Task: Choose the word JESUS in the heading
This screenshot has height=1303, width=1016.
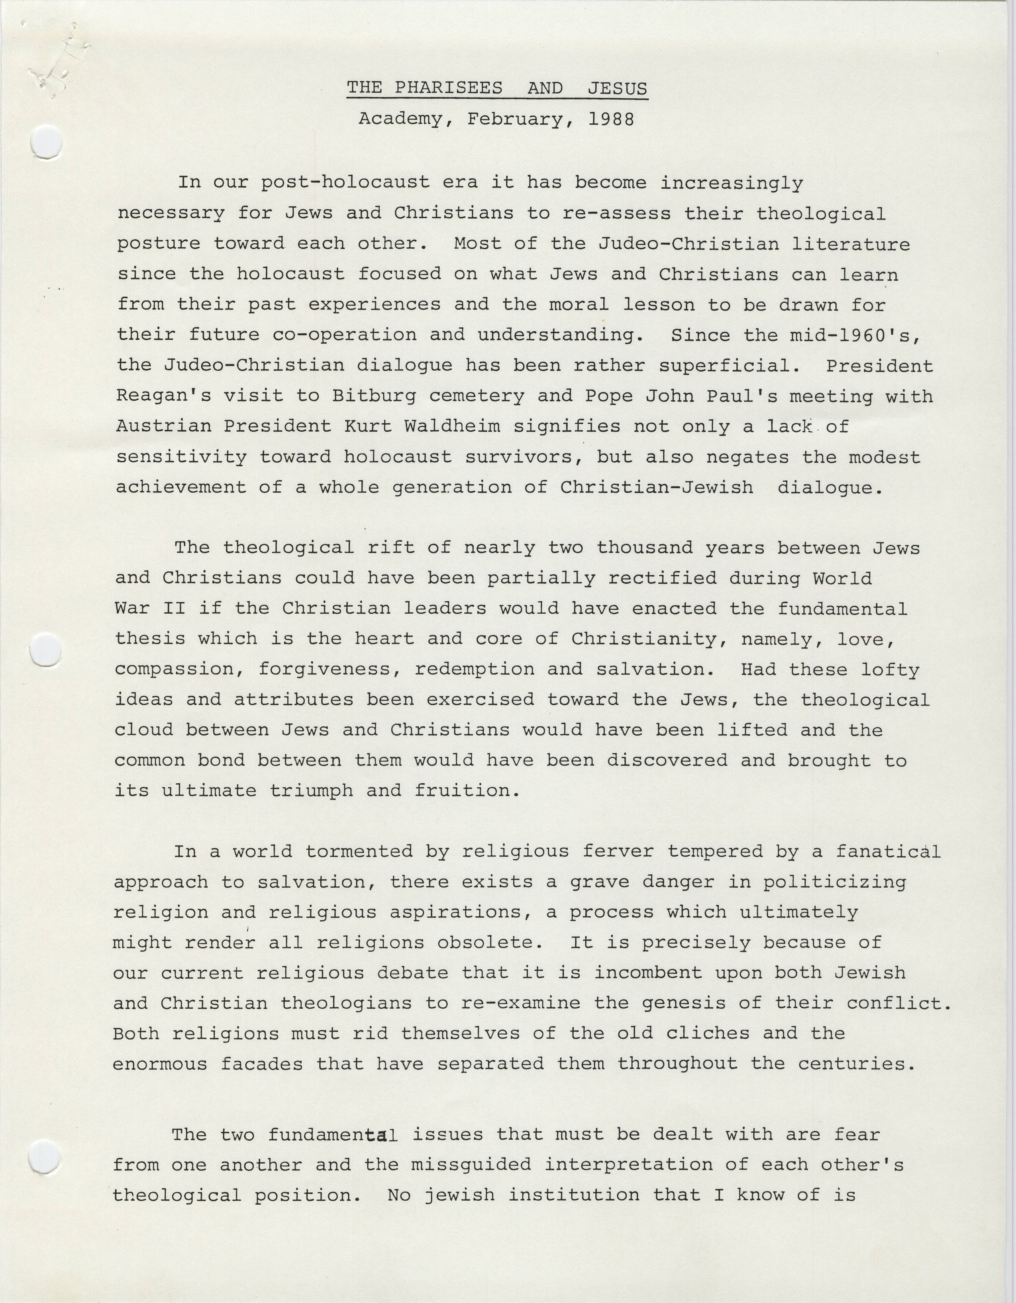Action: (617, 88)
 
